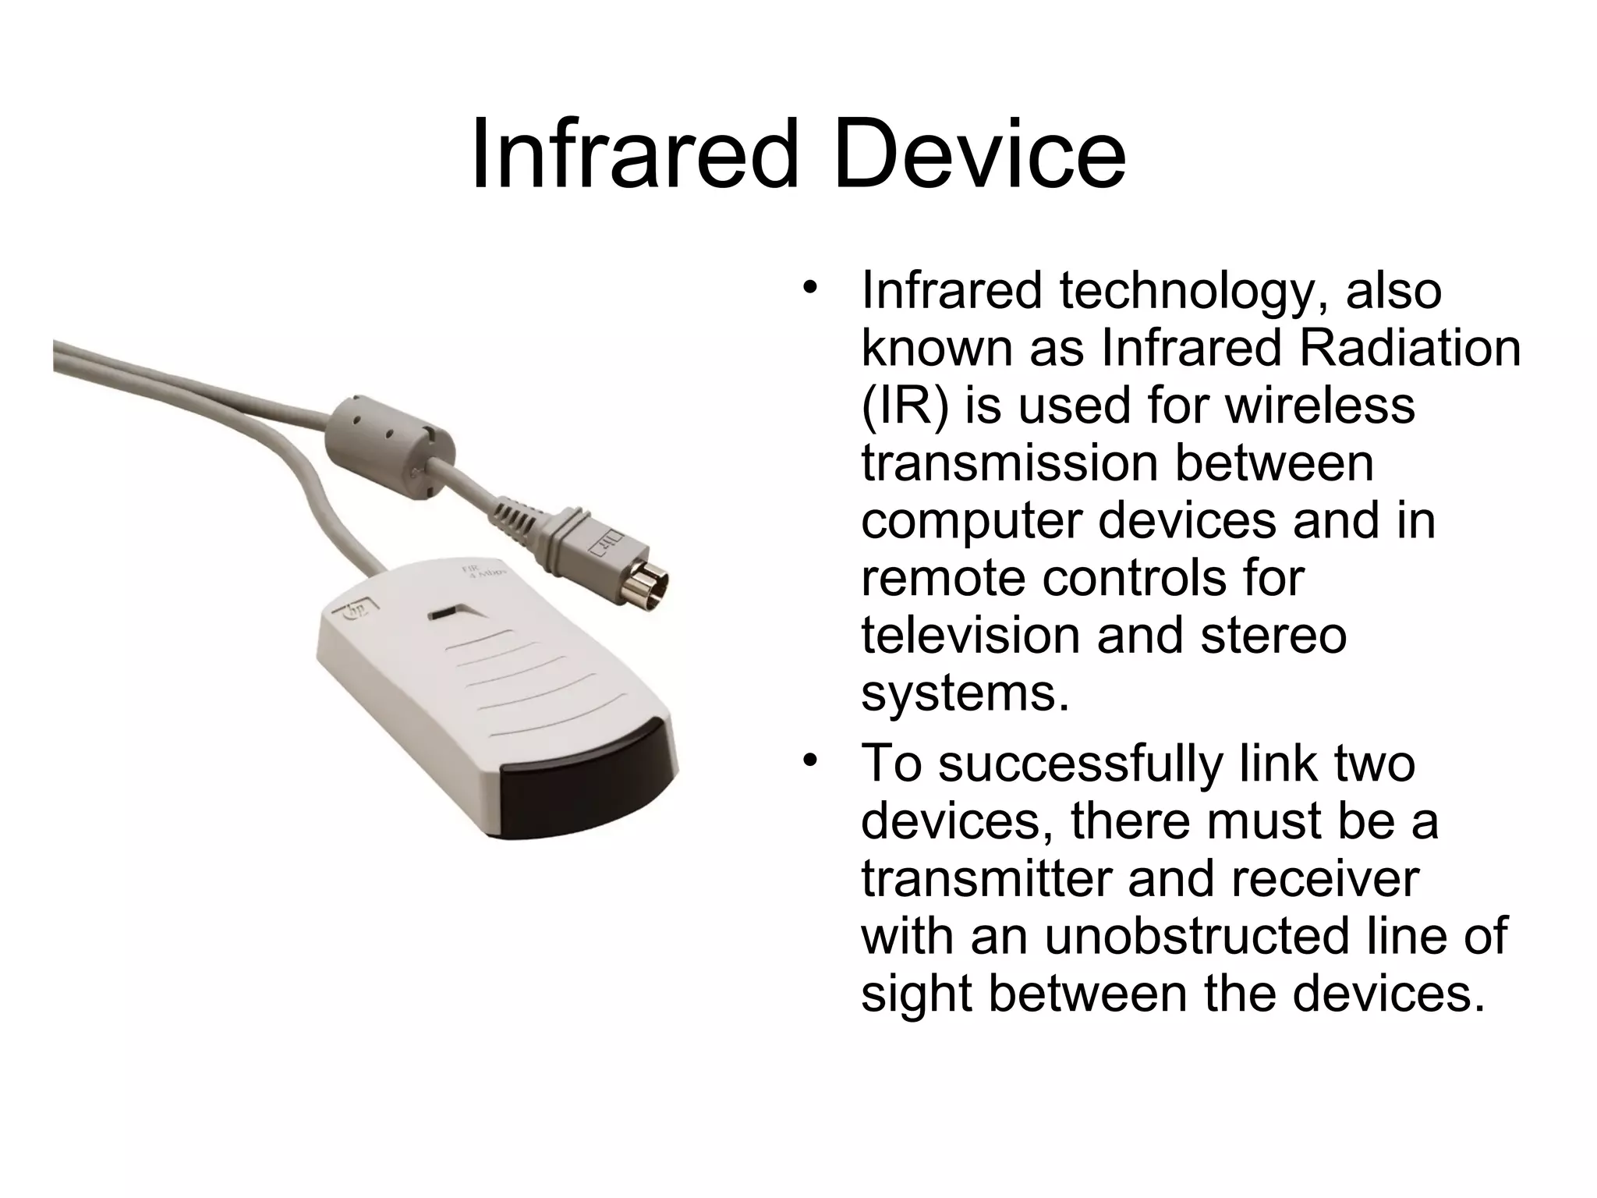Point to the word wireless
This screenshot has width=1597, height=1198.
coord(1319,406)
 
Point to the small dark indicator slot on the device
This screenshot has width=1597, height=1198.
coord(444,613)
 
